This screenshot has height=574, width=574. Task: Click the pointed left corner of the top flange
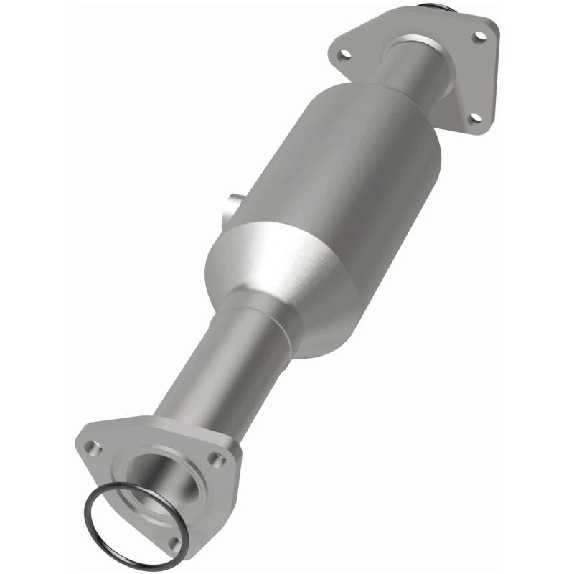pos(331,52)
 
